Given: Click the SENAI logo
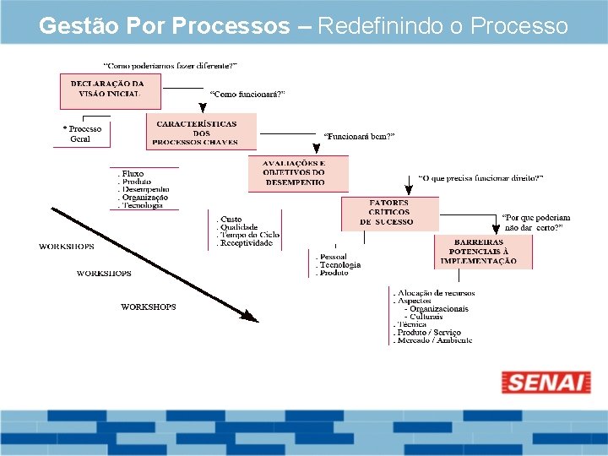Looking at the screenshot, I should click(546, 382).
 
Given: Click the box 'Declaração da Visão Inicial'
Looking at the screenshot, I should click(107, 89).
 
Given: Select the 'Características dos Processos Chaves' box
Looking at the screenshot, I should click(196, 133).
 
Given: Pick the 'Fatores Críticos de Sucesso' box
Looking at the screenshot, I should click(388, 212).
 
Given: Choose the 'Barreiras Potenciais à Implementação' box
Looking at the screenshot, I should click(482, 251).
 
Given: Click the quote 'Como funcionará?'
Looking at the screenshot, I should click(247, 95).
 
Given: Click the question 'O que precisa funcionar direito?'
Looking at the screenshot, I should click(480, 178).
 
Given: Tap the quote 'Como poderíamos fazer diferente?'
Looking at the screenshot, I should click(170, 65).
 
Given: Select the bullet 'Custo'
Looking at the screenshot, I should click(231, 220).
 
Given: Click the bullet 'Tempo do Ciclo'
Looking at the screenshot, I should click(249, 235).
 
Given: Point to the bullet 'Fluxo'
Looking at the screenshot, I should click(133, 174).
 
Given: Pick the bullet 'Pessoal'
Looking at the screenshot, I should click(332, 257).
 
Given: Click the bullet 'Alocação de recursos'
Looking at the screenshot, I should click(436, 293).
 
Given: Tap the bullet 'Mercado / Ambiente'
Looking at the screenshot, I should click(434, 340).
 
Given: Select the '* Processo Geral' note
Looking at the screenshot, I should click(83, 134).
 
